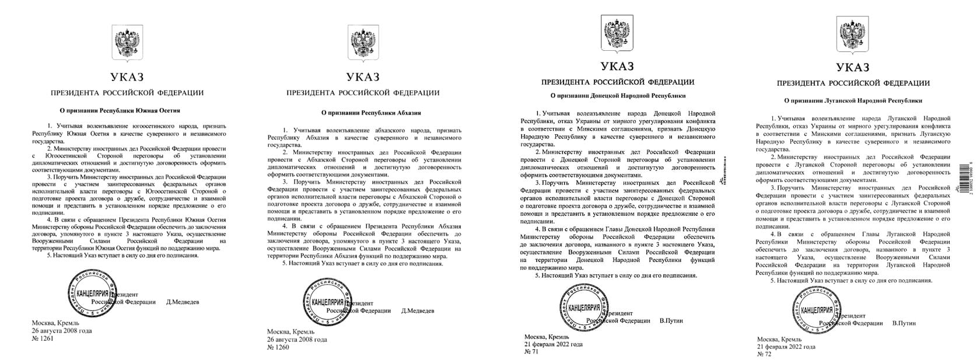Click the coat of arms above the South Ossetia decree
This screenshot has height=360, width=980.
tap(127, 44)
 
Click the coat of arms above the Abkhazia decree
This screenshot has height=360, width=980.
tap(362, 44)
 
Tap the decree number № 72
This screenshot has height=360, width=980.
tap(764, 354)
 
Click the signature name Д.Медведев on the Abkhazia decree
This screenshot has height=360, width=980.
tap(418, 311)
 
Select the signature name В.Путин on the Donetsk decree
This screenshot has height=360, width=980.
tap(671, 321)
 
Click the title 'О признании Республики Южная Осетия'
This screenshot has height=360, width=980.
tap(121, 110)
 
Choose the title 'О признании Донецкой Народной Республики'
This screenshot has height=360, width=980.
tap(618, 96)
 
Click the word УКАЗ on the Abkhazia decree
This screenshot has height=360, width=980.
tap(362, 77)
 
